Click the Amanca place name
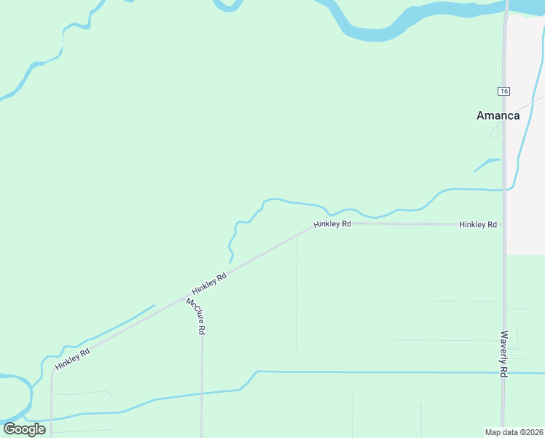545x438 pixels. tap(498, 115)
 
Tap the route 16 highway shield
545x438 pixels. tap(503, 91)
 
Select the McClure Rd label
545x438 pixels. tap(195, 316)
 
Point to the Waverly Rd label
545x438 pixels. tap(503, 353)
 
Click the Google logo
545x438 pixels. tap(24, 429)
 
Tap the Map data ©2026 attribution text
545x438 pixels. tap(514, 431)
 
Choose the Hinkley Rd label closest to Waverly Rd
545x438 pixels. tap(478, 224)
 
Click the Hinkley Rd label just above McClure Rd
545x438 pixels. tap(209, 283)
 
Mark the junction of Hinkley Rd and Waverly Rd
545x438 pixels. tap(503, 224)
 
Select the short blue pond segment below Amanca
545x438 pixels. tap(486, 165)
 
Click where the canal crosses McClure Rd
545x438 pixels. tap(202, 394)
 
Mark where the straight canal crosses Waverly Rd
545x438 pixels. tap(503, 373)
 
